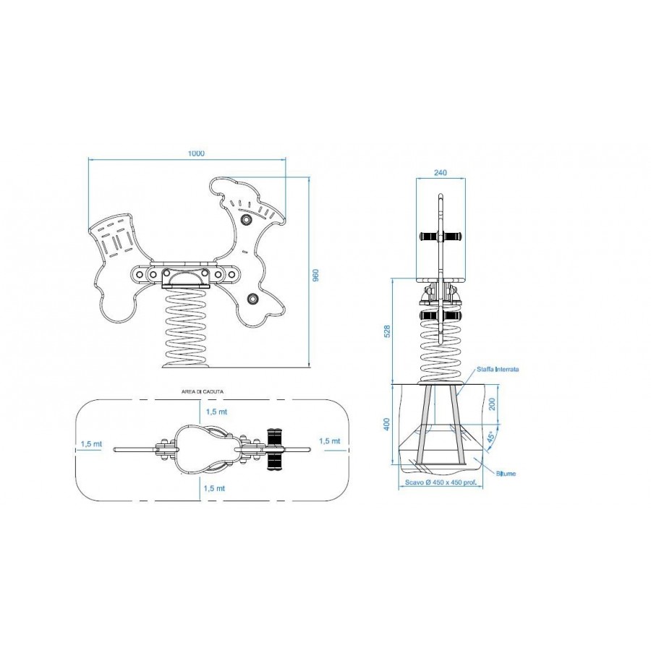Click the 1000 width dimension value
click(x=196, y=153)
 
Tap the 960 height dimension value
click(x=315, y=276)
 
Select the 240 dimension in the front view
click(x=440, y=173)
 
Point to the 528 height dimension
click(x=387, y=331)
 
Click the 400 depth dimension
click(x=387, y=424)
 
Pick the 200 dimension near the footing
click(x=493, y=404)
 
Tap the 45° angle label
click(x=490, y=438)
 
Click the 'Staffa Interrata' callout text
click(x=498, y=369)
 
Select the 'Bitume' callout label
click(x=506, y=473)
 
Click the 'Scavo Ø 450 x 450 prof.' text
click(x=441, y=483)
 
